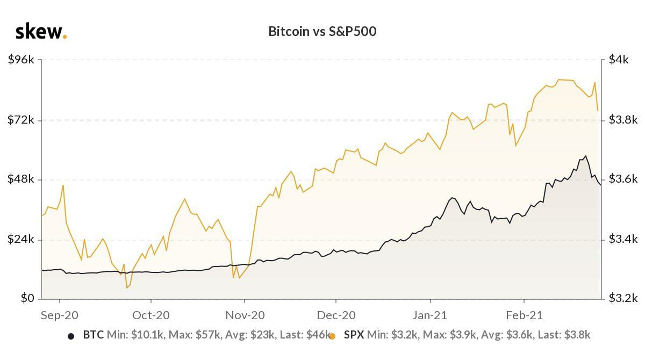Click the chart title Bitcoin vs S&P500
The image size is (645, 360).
tap(322, 31)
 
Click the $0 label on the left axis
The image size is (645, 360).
tap(27, 298)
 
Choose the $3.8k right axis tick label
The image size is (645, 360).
tap(622, 119)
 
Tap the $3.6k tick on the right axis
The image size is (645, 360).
tap(622, 179)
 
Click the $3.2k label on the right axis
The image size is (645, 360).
tap(622, 298)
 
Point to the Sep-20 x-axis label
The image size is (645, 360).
tap(59, 315)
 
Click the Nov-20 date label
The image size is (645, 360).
tap(245, 315)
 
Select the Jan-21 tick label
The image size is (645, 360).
tap(430, 315)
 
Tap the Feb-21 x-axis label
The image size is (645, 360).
tap(524, 315)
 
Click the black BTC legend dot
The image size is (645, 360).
tap(71, 336)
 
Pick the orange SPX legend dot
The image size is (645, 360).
tap(332, 336)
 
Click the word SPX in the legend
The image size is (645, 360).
tap(354, 335)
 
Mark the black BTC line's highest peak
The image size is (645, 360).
tap(585, 156)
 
